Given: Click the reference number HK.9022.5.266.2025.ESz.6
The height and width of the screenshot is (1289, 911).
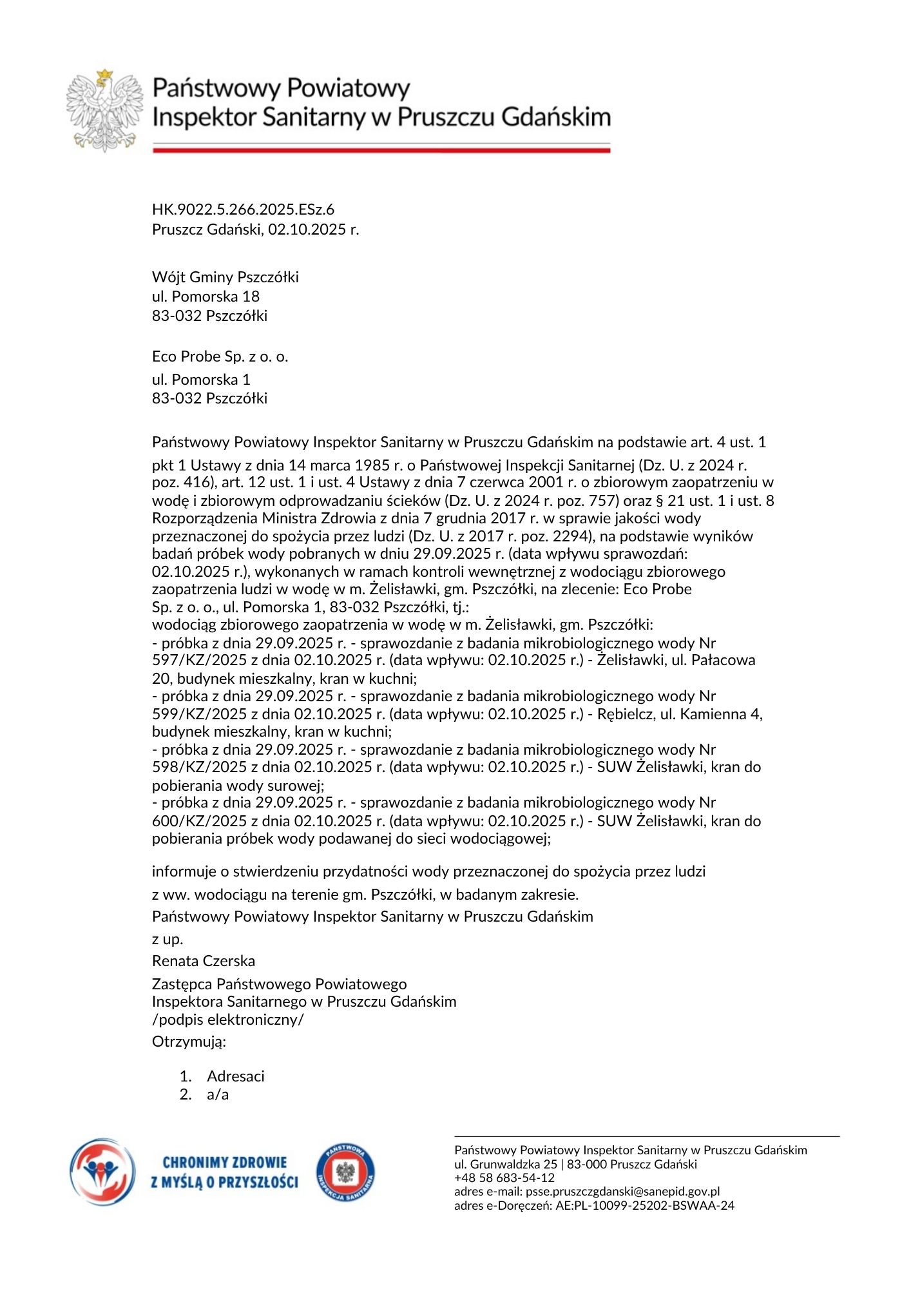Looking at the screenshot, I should (x=243, y=209).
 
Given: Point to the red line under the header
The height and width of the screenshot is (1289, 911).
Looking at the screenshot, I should (x=381, y=150).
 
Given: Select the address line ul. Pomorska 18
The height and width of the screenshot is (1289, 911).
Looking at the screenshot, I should (x=206, y=296).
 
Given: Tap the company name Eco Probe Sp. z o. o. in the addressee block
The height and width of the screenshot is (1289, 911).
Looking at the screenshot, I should (x=220, y=356).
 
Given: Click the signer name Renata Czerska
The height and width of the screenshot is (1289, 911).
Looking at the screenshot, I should (x=204, y=961).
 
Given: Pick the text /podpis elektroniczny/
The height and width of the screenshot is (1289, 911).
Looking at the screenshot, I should (x=227, y=1020).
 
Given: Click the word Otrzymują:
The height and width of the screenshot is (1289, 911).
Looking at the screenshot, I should (x=189, y=1042).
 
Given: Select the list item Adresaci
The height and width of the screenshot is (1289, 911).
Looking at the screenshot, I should (x=235, y=1076).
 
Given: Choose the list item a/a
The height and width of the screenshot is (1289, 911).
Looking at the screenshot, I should (x=218, y=1094).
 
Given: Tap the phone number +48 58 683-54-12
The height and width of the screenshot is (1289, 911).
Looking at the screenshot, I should (x=504, y=1178).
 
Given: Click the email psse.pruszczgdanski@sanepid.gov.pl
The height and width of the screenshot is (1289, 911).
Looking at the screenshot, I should (x=622, y=1192).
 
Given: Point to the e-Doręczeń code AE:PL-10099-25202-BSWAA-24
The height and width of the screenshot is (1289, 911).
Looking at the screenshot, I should (x=645, y=1206).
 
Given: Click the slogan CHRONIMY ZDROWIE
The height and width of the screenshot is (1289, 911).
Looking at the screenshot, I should (x=224, y=1163).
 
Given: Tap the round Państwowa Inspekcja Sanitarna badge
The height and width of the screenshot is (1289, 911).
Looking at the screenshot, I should (x=345, y=1173).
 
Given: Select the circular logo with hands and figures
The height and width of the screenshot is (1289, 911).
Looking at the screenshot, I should (x=103, y=1172).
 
